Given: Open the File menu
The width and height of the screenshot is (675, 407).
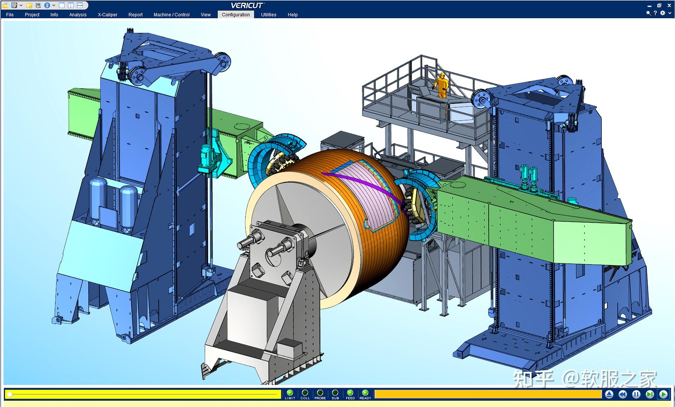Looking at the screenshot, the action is tap(10, 14).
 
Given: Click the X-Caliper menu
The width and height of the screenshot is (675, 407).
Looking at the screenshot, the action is tap(108, 14).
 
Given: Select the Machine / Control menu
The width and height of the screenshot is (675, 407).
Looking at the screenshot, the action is tap(172, 14).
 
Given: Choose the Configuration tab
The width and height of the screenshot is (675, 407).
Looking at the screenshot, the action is tap(236, 14).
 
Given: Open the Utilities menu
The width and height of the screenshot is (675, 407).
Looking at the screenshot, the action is tap(269, 14).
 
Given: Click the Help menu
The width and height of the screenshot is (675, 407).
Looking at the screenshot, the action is tap(292, 14).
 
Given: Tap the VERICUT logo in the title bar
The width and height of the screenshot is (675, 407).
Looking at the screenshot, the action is tap(247, 5).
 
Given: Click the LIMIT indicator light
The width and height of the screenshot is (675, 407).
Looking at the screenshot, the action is tap(290, 393).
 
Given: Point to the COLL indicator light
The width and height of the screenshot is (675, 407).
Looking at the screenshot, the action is tap(305, 393).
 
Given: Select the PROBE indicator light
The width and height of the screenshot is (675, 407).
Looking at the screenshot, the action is tap(320, 393).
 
